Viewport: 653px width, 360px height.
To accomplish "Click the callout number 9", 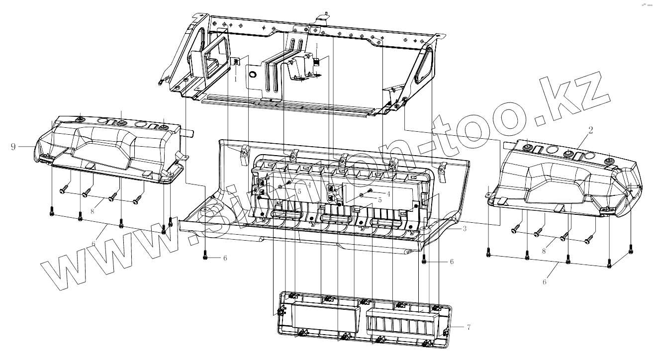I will click(13, 146).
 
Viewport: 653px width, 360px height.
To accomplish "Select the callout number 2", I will click(590, 130).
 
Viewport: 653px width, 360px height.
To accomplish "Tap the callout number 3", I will click(464, 229).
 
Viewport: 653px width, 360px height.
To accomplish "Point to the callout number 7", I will click(468, 327).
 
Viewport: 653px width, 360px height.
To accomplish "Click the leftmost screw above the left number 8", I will click(63, 189).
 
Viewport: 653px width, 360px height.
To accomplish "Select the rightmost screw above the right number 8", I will click(589, 240).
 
